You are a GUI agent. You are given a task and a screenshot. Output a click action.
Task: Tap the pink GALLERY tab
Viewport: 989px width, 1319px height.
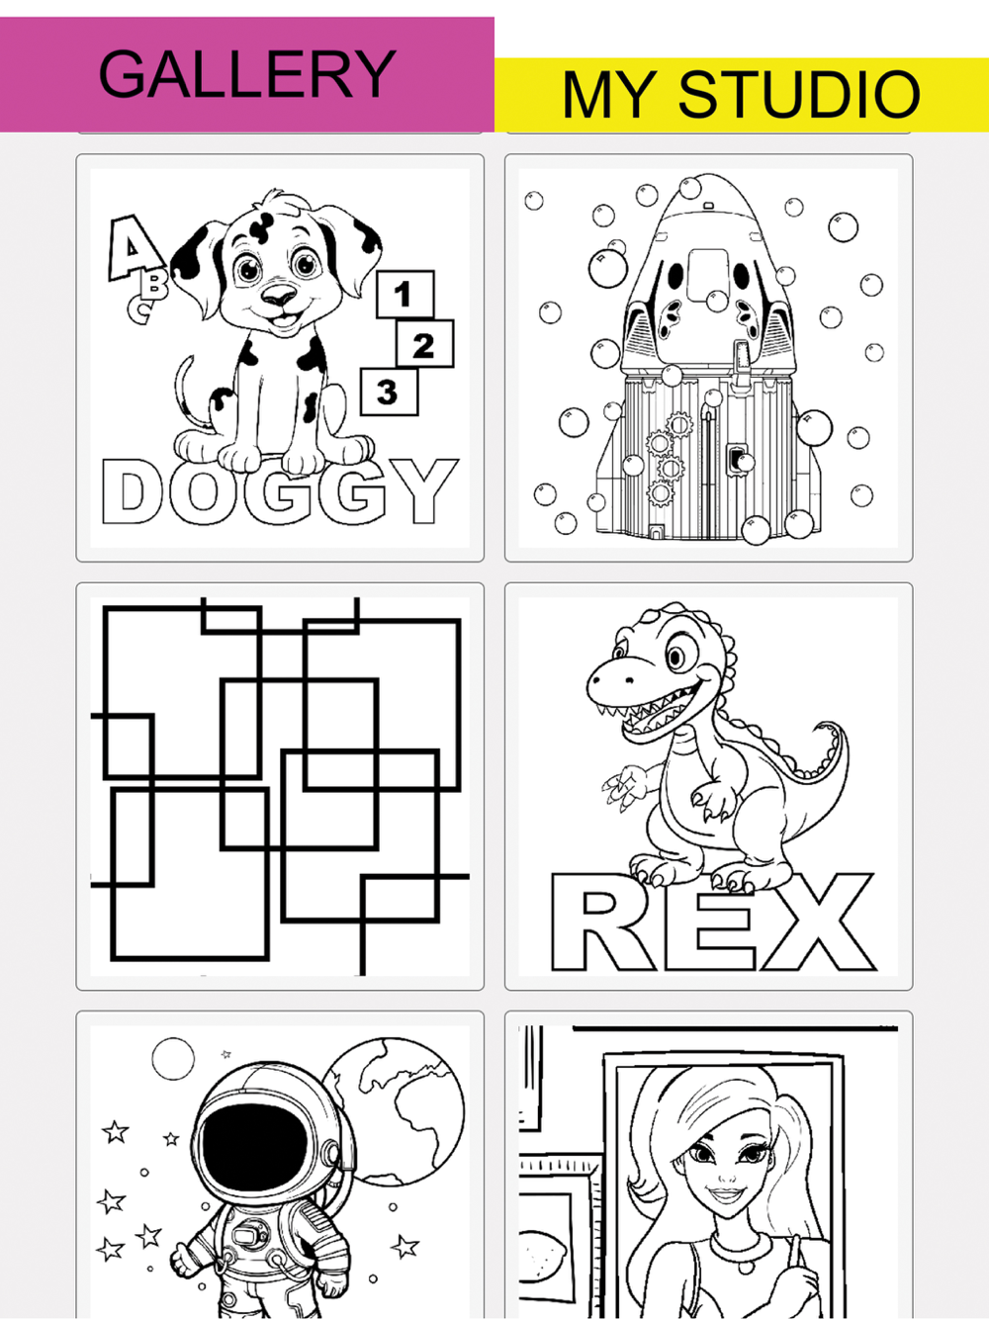click(x=247, y=74)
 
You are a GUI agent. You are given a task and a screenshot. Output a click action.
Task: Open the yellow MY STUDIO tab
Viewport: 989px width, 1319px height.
click(x=742, y=94)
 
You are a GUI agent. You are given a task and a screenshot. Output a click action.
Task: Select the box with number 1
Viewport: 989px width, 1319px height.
click(x=405, y=295)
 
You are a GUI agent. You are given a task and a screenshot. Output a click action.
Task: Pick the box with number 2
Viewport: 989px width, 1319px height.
click(x=424, y=344)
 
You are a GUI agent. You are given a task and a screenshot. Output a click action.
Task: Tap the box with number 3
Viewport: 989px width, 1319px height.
click(x=389, y=392)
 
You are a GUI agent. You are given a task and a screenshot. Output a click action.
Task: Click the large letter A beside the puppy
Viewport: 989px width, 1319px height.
click(x=133, y=247)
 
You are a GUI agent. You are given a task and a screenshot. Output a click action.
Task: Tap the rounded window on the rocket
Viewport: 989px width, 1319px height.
click(x=707, y=275)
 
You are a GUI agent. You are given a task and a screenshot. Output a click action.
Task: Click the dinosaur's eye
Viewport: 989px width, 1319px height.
click(x=676, y=657)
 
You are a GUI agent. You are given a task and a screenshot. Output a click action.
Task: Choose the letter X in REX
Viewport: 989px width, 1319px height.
click(x=815, y=923)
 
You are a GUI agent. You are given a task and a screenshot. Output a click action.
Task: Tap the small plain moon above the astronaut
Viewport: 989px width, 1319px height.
click(x=173, y=1058)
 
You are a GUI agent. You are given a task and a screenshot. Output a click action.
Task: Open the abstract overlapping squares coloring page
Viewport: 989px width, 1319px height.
click(x=280, y=787)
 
